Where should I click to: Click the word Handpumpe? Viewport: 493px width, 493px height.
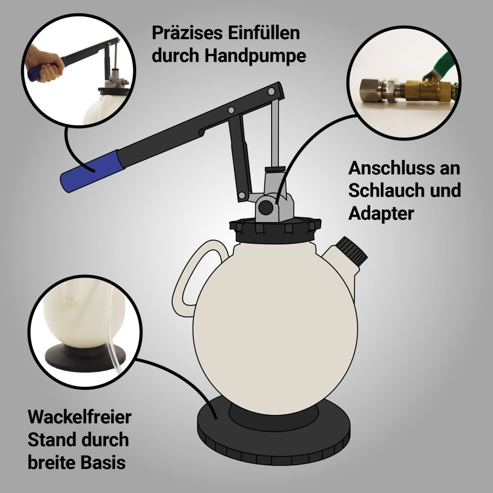pyautogui.click(x=255, y=56)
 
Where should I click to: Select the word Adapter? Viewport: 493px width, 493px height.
pyautogui.click(x=381, y=214)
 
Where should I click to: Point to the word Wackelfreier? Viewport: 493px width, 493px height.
pyautogui.click(x=79, y=417)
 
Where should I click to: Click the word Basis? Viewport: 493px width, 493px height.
pyautogui.click(x=103, y=462)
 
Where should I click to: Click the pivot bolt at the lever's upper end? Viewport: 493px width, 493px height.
pyautogui.click(x=271, y=91)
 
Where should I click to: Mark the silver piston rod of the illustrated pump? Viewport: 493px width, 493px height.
pyautogui.click(x=275, y=132)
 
